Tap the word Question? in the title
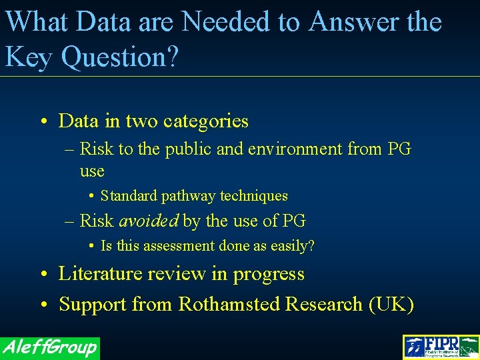pos(120,57)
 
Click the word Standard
pos(129,196)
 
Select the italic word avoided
pos(149,221)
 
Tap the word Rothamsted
pos(228,305)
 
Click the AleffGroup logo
pos(50,347)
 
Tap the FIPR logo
pos(441,347)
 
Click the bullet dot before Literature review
pos(42,275)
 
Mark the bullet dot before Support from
pos(42,305)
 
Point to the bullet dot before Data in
pos(42,122)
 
